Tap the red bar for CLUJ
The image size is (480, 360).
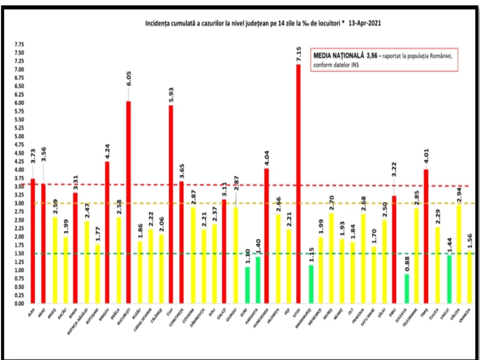click(x=171, y=204)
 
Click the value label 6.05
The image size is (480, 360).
click(x=129, y=79)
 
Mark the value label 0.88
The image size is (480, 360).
click(x=407, y=264)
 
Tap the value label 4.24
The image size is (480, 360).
click(x=107, y=152)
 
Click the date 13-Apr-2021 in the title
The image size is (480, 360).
click(x=365, y=23)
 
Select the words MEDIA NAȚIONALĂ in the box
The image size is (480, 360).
click(x=339, y=56)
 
